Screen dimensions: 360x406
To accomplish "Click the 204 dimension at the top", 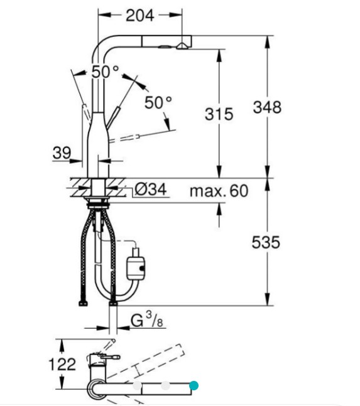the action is point(139,16).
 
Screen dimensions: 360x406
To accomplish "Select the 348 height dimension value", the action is point(267,107).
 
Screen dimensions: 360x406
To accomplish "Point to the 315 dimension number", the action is point(219,114).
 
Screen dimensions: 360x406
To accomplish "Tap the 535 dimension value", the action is point(266,242).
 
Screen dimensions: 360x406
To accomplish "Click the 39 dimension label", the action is point(62,152).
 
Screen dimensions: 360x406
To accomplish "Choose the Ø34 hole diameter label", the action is point(151,190).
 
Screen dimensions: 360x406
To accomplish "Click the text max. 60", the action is point(219,191).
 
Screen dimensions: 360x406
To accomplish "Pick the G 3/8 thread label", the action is point(147,321).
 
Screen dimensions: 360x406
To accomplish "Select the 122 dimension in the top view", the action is point(62,365).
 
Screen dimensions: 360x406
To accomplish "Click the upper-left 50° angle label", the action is point(105,72).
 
